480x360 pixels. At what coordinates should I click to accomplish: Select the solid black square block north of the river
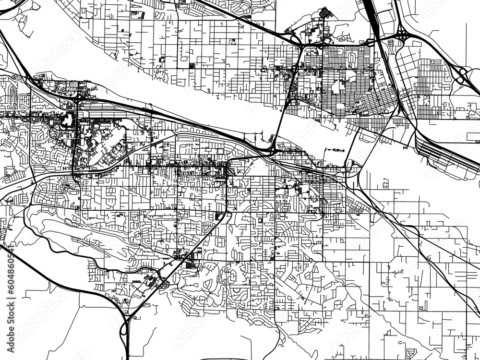tap(192, 66)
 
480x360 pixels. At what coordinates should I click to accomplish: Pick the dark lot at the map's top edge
tap(325, 12)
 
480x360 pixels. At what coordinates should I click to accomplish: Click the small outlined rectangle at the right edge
tap(473, 137)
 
